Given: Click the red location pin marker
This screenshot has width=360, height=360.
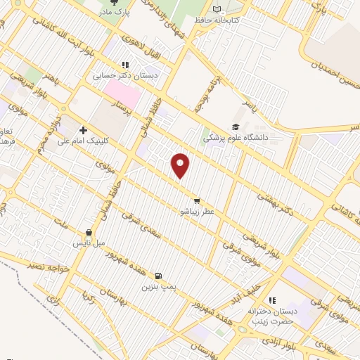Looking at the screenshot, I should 181,165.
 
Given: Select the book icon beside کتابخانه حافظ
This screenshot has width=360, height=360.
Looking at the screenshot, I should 217,9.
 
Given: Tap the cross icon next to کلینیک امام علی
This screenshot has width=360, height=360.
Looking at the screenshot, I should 83,130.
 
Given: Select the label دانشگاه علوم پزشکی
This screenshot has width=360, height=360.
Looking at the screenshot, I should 236,139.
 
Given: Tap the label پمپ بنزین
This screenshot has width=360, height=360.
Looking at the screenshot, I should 157,287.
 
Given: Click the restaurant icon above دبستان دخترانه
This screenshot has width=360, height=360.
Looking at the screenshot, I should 271,300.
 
